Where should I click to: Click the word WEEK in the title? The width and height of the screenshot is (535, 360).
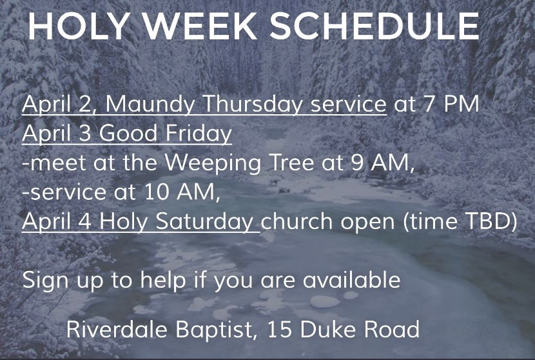(199, 26)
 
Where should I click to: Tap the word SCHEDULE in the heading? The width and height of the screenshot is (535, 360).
(375, 26)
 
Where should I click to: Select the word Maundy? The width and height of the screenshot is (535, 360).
(150, 104)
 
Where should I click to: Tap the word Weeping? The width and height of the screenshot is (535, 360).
(213, 163)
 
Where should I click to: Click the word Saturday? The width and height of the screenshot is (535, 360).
(204, 221)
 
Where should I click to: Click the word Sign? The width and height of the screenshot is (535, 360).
(45, 281)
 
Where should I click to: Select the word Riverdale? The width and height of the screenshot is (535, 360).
(117, 329)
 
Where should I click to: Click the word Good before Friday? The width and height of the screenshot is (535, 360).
(128, 133)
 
